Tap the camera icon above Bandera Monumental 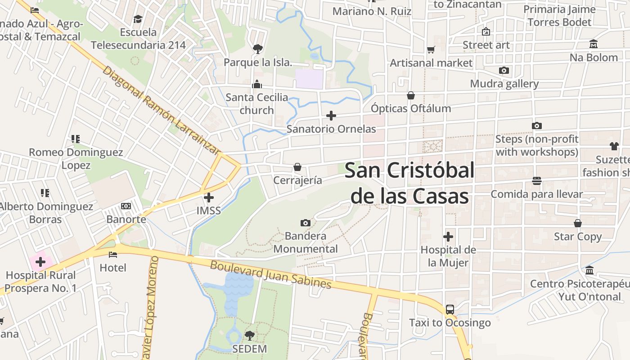[x=305, y=223]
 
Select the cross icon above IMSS [x=209, y=198]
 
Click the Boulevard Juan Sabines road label [x=271, y=275]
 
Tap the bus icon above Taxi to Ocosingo [x=450, y=310]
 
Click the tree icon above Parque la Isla [x=258, y=49]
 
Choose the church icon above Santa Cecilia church [x=257, y=84]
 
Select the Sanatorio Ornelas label [x=331, y=129]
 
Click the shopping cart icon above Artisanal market [x=431, y=49]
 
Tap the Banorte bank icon [x=126, y=206]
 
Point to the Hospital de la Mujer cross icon [x=448, y=237]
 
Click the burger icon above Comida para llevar [x=536, y=181]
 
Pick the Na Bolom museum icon [x=594, y=44]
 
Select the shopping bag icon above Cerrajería [x=297, y=167]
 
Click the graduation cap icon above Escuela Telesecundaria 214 [x=138, y=19]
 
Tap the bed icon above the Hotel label [x=113, y=255]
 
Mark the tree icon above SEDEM [x=250, y=335]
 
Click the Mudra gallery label [x=504, y=84]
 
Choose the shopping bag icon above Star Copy [x=578, y=223]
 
